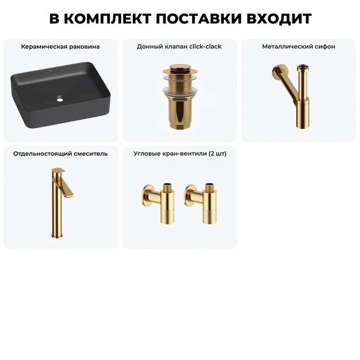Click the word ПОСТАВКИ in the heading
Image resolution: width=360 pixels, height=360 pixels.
coord(199,18)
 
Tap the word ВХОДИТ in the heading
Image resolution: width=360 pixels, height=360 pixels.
coord(279,18)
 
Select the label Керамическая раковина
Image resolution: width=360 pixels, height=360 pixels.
coord(60,47)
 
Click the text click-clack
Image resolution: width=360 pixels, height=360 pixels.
coord(205,47)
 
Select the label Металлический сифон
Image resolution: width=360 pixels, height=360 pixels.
coord(298,47)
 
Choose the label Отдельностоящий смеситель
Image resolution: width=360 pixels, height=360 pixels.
coord(60,153)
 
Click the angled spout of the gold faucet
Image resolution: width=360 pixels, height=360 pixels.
coord(67,187)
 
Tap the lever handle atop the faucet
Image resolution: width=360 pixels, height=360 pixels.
coord(58,171)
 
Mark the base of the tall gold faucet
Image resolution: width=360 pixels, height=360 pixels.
coord(57,236)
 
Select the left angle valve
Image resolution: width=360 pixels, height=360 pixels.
coord(158,203)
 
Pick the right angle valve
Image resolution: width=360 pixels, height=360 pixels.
coord(200,203)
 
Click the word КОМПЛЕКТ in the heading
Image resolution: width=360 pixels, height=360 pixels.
coord(108,18)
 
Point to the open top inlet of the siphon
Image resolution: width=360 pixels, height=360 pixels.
coord(302,67)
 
